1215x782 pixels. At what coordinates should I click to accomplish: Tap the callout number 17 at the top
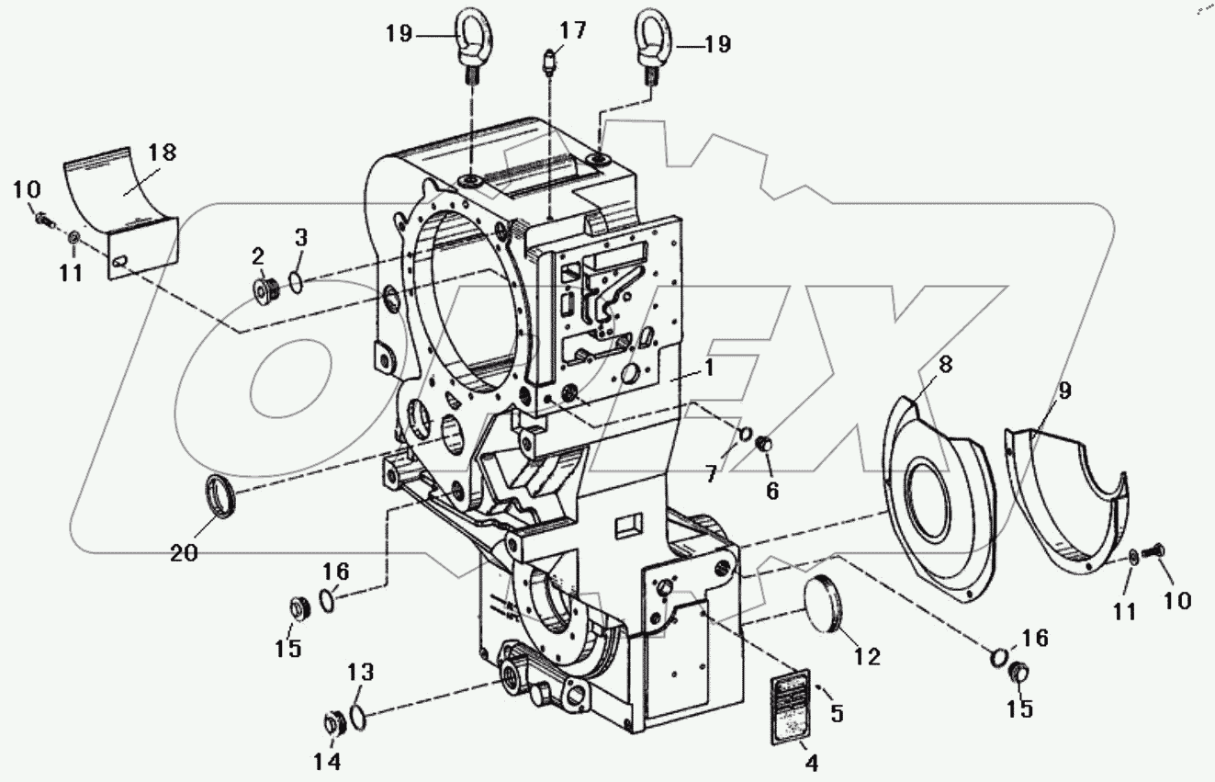click(572, 31)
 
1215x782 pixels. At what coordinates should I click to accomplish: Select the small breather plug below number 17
click(547, 64)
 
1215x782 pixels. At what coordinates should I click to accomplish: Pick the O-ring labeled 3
click(296, 282)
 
